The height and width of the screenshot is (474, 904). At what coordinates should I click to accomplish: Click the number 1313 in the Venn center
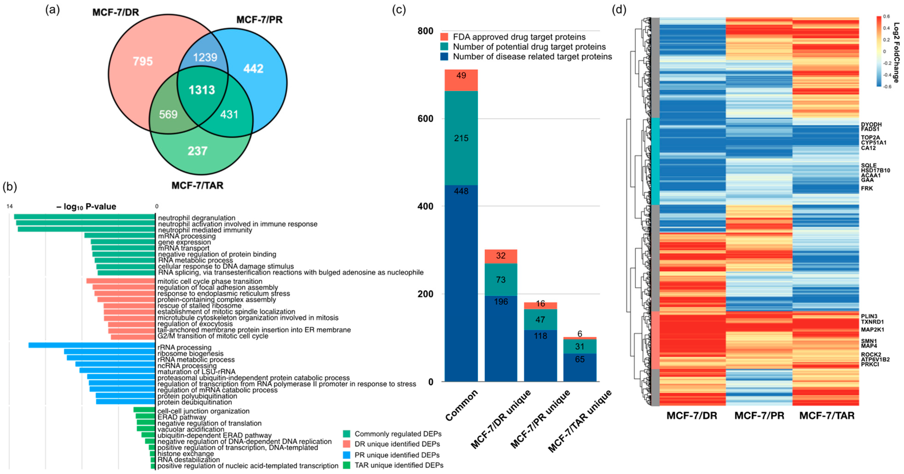tap(202, 90)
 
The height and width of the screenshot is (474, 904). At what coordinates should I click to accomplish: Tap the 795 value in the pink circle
tap(143, 61)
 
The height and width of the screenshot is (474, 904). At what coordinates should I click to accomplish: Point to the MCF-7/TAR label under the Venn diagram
tap(197, 185)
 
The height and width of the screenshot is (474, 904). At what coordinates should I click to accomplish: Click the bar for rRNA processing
tap(92, 345)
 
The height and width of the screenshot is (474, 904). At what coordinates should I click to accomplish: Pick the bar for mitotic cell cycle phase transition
tap(121, 281)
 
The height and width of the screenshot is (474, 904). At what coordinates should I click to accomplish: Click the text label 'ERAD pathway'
tap(182, 417)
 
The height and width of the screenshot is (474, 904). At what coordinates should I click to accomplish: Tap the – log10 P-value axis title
tap(86, 207)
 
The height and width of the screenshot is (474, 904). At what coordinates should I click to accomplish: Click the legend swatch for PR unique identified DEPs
tap(347, 455)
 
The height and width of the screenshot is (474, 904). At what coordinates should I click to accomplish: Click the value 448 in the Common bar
tap(461, 191)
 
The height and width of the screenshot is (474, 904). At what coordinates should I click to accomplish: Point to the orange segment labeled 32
tap(501, 256)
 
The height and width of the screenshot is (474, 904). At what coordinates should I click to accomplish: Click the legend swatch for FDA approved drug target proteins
tap(444, 37)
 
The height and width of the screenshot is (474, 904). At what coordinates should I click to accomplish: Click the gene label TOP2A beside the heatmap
tap(870, 138)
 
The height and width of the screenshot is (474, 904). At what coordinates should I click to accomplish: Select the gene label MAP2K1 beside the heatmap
tap(872, 330)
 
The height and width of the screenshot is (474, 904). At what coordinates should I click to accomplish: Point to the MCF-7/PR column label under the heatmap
tap(759, 416)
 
